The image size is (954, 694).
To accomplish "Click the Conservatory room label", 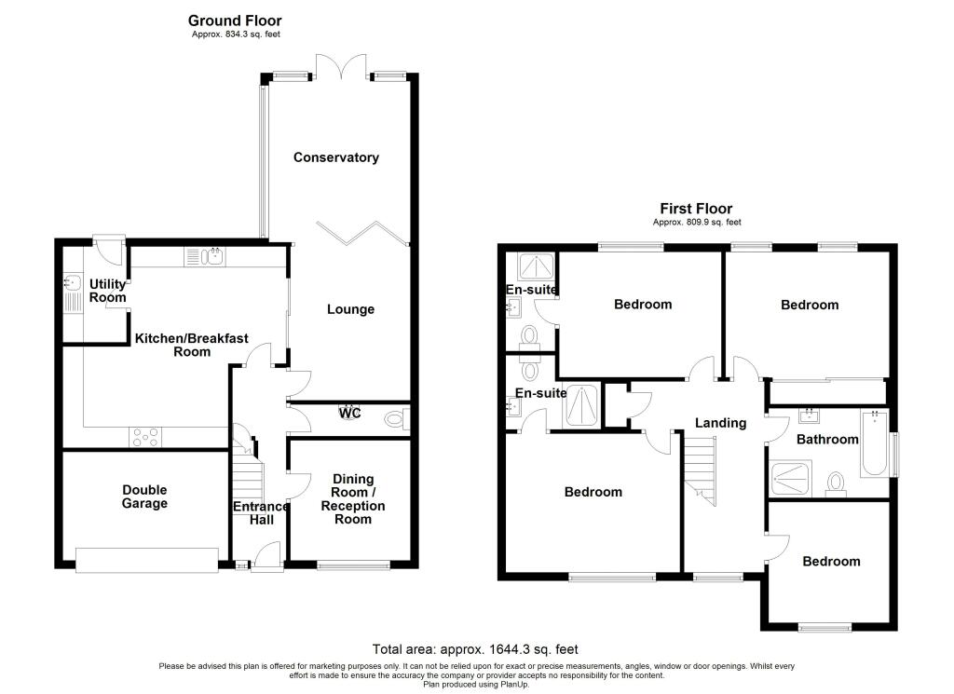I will [335, 157].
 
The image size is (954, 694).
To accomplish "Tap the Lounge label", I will [349, 309].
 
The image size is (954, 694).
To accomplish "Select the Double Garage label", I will [144, 497].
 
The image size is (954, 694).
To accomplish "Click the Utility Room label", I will [107, 291].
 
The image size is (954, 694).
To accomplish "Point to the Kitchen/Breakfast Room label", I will [191, 345].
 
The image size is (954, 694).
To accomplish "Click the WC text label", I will [350, 412].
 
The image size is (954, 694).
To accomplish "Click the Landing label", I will [721, 423].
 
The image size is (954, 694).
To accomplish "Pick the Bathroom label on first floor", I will [826, 439].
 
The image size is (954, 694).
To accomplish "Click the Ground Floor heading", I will [235, 20].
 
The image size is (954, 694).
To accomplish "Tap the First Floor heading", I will [696, 209].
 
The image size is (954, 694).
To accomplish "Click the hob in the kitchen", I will [145, 434].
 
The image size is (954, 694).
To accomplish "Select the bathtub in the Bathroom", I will [874, 443].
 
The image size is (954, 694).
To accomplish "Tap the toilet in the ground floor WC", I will [397, 420].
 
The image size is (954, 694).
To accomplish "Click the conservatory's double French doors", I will [337, 67].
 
